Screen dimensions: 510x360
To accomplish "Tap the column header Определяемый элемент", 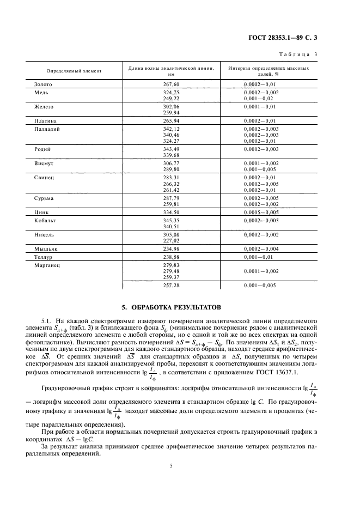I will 62,71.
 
